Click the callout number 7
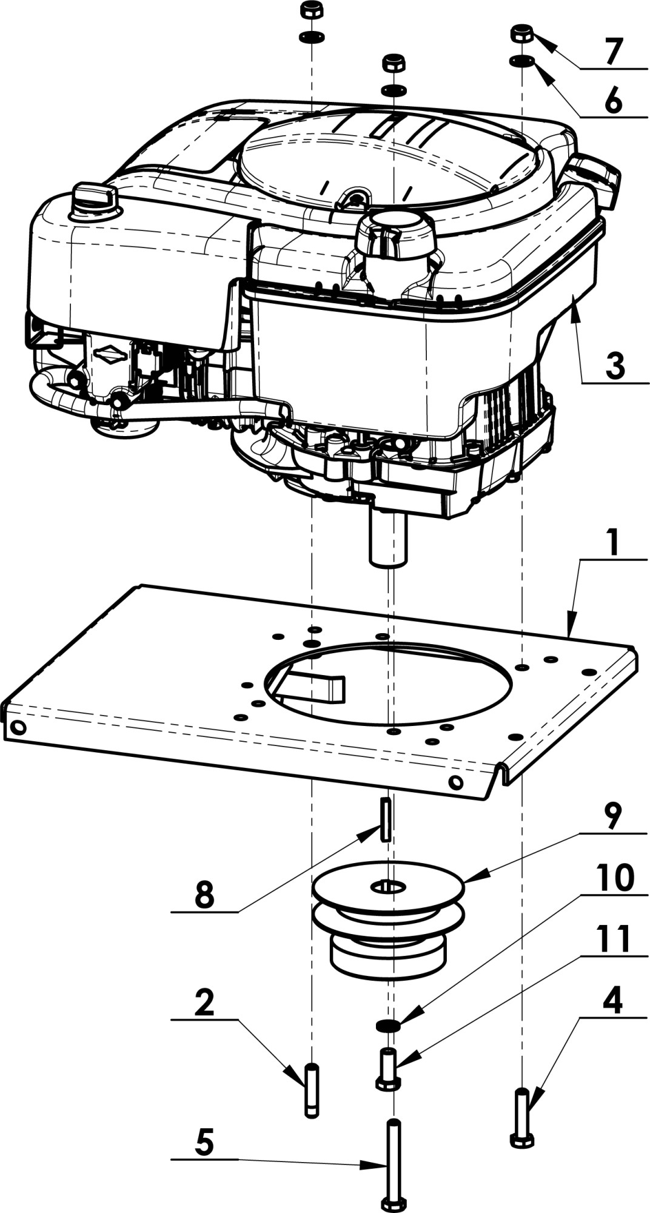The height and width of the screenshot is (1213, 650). click(613, 52)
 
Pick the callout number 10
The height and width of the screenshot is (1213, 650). click(615, 878)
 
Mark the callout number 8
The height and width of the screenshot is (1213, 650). click(204, 895)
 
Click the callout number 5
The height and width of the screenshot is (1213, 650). click(204, 1142)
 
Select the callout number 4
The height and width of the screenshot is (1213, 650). click(613, 1003)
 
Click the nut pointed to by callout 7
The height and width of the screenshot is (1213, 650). click(522, 34)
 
